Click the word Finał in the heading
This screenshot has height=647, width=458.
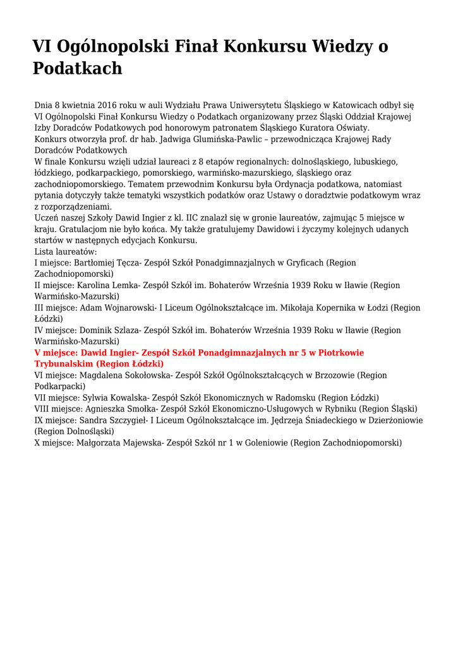point(190,46)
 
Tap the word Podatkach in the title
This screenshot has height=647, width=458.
point(77,68)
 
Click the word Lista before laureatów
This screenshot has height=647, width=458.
point(45,251)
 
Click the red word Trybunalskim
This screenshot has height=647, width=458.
point(64,364)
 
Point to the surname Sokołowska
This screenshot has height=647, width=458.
point(141,375)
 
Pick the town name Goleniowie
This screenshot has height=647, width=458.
point(258,443)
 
